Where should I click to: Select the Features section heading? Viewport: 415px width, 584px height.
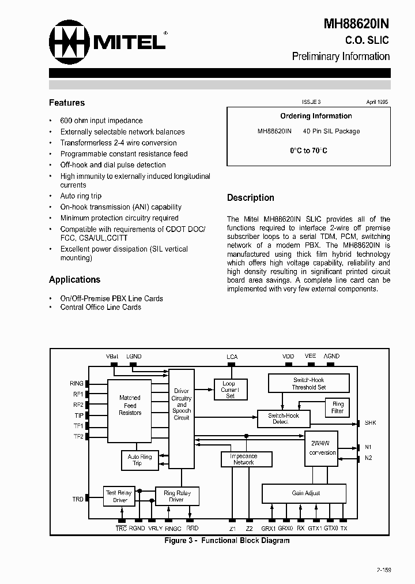tap(67, 103)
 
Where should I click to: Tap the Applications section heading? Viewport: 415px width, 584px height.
tap(74, 279)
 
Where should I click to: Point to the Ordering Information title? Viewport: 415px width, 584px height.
tap(316, 116)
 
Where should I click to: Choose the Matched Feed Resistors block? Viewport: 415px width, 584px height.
tap(130, 405)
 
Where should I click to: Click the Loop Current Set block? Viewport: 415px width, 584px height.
tap(230, 390)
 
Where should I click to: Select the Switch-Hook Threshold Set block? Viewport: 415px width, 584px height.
tap(309, 384)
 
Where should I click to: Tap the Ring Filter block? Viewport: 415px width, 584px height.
tap(338, 407)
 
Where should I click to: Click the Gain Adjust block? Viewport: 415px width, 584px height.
tap(305, 493)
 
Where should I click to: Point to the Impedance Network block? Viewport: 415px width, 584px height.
tap(243, 459)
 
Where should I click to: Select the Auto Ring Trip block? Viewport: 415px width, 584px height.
tap(139, 460)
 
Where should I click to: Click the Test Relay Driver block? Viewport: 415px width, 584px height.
tap(119, 496)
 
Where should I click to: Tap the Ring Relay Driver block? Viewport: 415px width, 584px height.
tap(176, 496)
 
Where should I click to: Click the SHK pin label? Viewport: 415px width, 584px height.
tap(370, 423)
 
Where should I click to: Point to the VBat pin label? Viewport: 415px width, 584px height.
tap(112, 357)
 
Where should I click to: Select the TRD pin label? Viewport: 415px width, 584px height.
tap(78, 499)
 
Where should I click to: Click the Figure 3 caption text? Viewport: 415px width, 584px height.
tap(227, 541)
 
